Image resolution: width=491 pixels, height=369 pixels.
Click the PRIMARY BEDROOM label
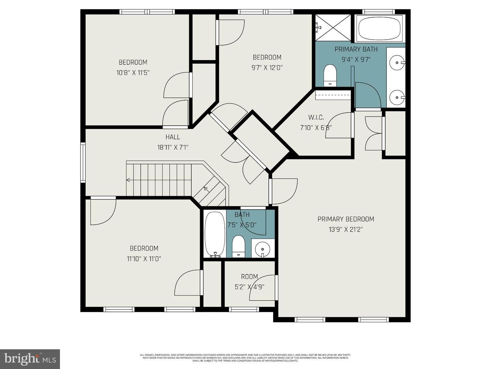(346, 219)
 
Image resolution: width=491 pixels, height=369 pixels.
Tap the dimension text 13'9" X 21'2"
(346, 230)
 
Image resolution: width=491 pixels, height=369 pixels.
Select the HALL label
(173, 137)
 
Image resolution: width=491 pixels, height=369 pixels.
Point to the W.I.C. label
(316, 118)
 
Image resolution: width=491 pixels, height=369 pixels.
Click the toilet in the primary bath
(330, 75)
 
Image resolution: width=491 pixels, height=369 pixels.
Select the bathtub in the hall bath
(214, 234)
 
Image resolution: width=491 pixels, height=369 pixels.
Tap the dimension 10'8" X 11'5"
(133, 72)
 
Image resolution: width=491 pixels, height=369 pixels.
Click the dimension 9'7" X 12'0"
(267, 68)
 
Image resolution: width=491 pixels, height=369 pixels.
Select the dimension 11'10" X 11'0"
(144, 259)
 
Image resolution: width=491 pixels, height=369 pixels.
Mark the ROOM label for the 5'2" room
(249, 277)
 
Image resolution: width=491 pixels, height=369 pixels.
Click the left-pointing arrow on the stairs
(129, 180)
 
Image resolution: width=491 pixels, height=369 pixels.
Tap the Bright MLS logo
(30, 359)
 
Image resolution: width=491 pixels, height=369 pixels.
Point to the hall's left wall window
(83, 162)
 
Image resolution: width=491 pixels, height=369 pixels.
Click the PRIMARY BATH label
(356, 49)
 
